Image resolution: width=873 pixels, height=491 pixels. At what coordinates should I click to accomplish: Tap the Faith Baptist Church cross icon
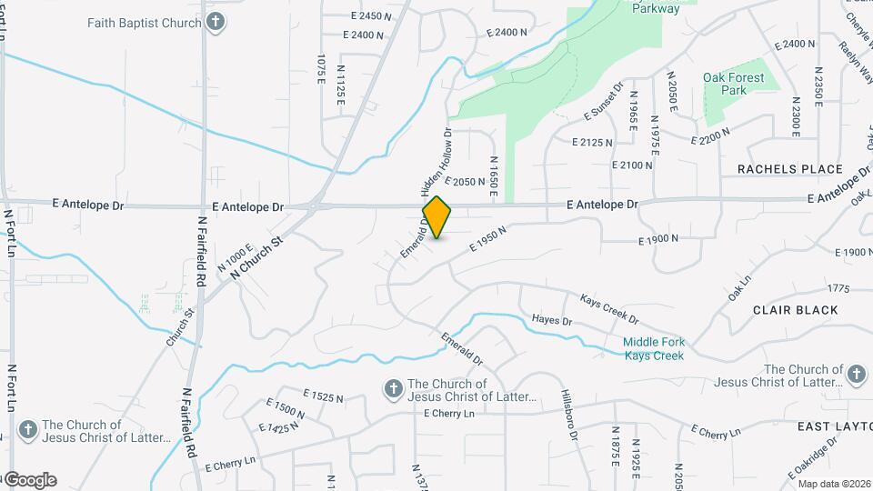tap(216, 23)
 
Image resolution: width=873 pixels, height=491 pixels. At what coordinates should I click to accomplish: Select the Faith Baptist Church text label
tap(145, 23)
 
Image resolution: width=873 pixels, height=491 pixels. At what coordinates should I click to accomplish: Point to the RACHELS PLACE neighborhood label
tap(790, 169)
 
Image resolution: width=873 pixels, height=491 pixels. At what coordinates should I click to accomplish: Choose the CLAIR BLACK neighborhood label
tap(796, 310)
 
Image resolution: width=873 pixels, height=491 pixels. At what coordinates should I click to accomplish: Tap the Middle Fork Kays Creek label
tap(654, 348)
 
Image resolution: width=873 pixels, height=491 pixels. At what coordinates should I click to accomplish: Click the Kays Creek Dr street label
tap(610, 307)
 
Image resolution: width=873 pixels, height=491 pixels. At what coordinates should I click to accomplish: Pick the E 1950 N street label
tap(487, 240)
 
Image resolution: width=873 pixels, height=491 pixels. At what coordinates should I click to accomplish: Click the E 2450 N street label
tap(371, 16)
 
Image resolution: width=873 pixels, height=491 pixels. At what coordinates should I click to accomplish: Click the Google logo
tap(29, 480)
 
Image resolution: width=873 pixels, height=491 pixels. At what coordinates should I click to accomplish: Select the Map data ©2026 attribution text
tap(835, 484)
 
